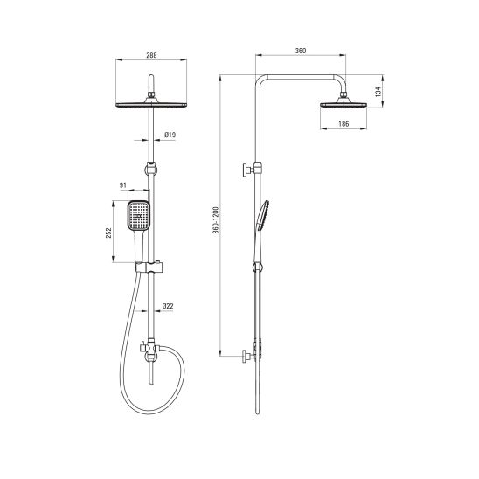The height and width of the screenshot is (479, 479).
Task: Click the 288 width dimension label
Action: [x=151, y=55]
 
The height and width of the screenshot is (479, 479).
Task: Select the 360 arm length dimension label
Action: [x=301, y=51]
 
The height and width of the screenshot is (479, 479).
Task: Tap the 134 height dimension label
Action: [x=378, y=92]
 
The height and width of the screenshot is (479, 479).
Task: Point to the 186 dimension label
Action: [x=344, y=124]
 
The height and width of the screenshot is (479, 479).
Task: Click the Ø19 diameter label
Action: [x=170, y=135]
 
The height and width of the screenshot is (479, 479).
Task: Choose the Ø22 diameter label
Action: [x=168, y=306]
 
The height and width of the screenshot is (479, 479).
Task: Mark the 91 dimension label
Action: [x=122, y=185]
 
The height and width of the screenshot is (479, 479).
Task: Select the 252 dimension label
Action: [x=108, y=233]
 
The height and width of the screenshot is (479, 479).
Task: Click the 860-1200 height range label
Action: [x=216, y=220]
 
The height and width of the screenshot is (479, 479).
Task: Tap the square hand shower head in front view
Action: [x=138, y=215]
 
